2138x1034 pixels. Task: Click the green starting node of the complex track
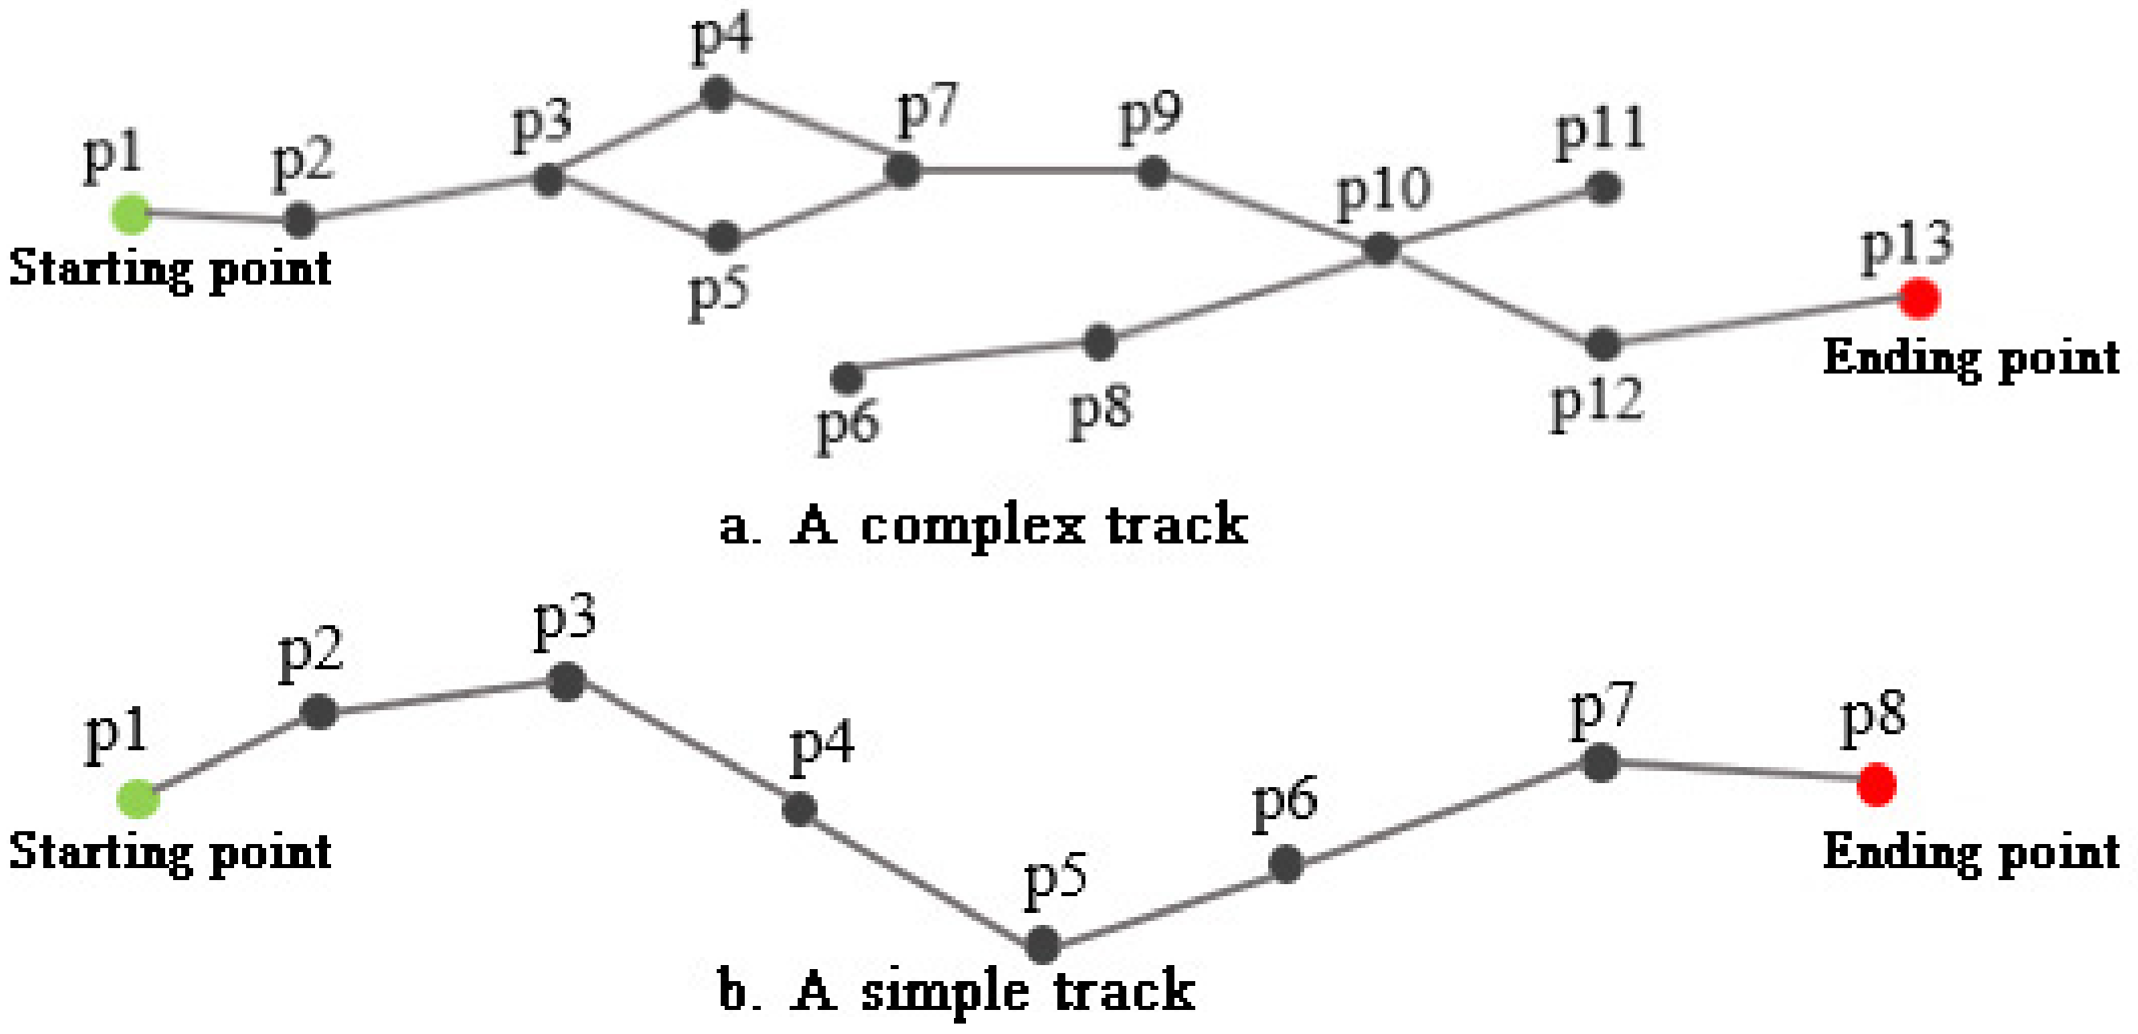pos(131,214)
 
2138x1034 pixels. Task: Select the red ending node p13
pos(1920,298)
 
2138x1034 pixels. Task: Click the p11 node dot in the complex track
pos(1604,188)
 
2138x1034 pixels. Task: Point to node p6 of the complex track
pos(847,378)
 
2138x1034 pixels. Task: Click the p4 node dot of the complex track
pos(717,93)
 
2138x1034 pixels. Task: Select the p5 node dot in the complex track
pos(724,237)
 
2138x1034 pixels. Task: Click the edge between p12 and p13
pos(1760,321)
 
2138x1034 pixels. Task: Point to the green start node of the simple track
pos(138,799)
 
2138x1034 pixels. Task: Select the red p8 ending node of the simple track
pos(1877,784)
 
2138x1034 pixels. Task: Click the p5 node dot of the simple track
pos(1042,944)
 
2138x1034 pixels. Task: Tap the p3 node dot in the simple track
pos(567,682)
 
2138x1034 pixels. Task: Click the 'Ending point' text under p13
pos(1971,358)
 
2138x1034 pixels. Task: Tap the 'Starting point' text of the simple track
pos(170,852)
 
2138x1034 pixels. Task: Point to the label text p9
pos(1150,118)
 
